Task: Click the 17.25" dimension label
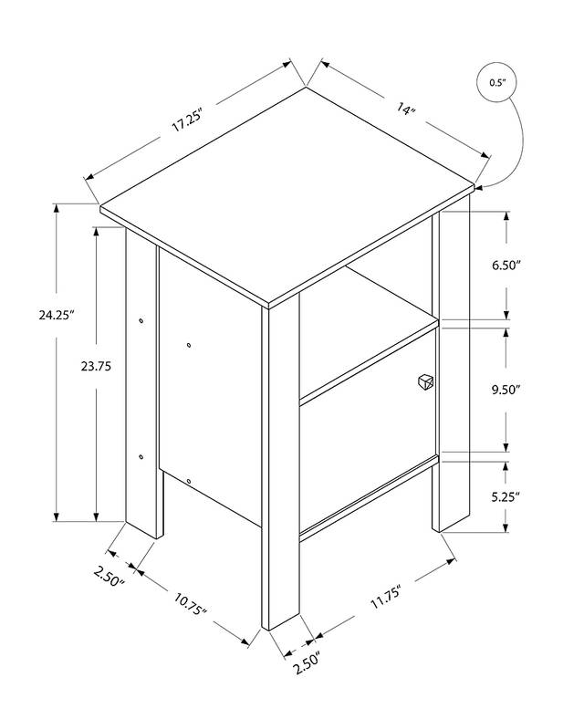coord(185,120)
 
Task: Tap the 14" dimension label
coord(405,109)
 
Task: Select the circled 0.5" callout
coord(496,83)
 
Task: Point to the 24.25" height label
coord(56,314)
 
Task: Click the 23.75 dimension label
coord(96,366)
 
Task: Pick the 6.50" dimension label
coord(506,265)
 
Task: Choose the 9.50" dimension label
coord(506,389)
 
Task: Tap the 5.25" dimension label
coord(506,497)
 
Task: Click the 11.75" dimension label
coord(386,597)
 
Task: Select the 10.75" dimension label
coord(191,603)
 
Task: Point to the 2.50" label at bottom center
coord(307,662)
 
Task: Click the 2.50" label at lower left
coord(109,577)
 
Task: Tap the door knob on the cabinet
coord(425,381)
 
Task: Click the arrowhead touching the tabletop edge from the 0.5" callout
coord(479,187)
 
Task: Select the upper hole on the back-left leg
coord(141,320)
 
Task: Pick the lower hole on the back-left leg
coord(141,456)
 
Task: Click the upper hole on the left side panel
coord(189,345)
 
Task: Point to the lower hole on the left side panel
coord(189,481)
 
